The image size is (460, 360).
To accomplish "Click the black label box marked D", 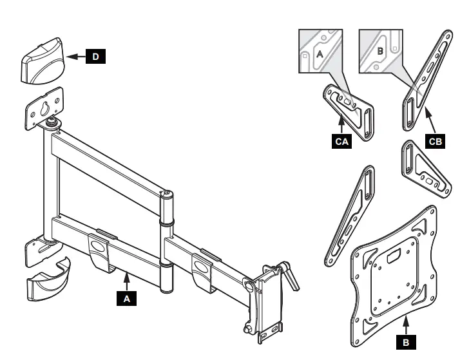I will (95, 57).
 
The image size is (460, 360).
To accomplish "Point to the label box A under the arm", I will (127, 298).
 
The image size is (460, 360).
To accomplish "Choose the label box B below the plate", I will (405, 342).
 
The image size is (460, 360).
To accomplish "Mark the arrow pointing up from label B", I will (405, 325).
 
